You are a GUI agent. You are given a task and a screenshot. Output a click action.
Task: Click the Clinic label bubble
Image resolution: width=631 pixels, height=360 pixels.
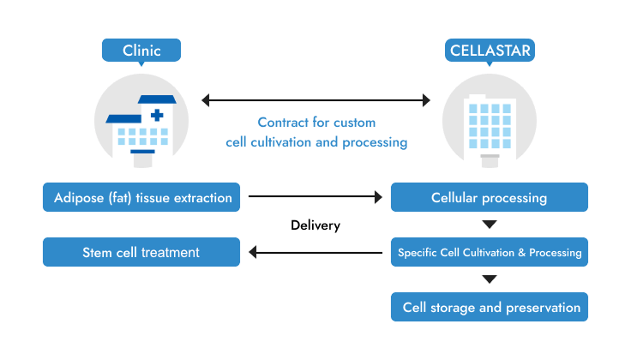141,50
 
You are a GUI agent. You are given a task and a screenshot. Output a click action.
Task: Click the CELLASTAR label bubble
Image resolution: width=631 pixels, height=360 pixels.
490,50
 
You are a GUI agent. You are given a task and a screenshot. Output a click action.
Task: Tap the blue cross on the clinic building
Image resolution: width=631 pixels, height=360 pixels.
157,114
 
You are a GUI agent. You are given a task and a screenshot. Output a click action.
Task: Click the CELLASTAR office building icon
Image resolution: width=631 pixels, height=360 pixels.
490,124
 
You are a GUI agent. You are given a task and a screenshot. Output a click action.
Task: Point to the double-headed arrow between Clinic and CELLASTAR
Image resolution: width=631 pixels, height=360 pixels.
315,101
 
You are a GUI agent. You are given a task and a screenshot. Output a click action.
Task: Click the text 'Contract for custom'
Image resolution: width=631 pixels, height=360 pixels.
316,123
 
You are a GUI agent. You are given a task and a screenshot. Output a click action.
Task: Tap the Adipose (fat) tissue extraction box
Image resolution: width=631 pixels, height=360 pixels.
141,198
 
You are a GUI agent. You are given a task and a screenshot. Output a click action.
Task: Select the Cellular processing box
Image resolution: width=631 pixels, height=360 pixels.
490,198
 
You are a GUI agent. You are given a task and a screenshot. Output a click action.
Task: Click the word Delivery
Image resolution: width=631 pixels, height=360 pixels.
315,225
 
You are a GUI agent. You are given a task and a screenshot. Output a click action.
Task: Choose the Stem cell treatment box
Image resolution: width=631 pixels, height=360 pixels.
141,252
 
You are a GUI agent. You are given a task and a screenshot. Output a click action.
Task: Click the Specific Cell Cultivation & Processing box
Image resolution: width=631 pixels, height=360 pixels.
490,252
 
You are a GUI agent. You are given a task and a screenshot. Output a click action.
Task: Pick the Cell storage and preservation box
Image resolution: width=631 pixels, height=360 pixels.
490,307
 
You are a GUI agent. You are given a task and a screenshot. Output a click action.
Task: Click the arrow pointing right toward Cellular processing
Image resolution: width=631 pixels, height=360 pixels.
315,198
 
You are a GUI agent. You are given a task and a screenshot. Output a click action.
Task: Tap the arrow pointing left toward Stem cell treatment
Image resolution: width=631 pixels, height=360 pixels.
315,252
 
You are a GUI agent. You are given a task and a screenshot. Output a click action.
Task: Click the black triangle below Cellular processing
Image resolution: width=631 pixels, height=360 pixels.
490,225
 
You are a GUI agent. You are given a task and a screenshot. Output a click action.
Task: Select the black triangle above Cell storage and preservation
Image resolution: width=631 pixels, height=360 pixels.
490,279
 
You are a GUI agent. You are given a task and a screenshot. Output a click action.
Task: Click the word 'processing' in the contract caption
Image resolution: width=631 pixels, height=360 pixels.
373,142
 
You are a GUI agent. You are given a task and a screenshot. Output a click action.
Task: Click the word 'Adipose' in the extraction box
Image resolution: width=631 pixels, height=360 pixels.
78,198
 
